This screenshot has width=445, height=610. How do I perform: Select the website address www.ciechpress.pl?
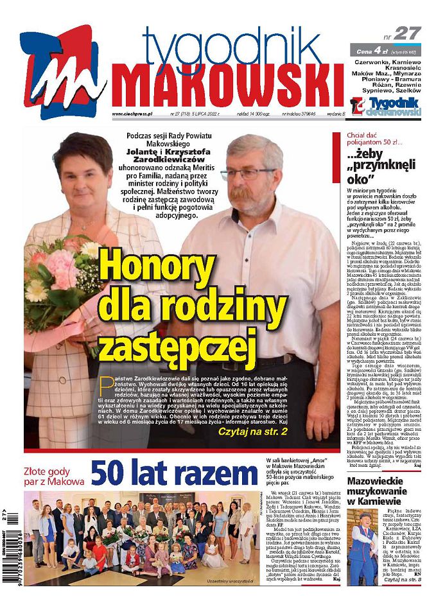click(x=132, y=114)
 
